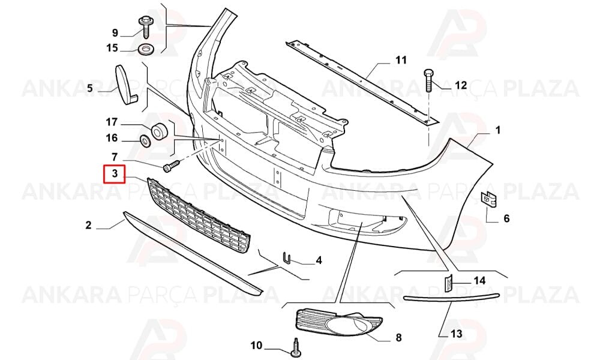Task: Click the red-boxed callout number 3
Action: pos(115,174)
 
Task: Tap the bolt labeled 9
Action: pos(145,27)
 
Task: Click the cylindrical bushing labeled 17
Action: pos(159,131)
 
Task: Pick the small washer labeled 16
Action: pos(146,141)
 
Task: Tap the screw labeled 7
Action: pos(172,166)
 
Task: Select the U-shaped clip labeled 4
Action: pos(287,258)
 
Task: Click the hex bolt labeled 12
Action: pos(428,80)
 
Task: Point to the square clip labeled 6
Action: pos(488,200)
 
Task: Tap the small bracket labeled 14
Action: pos(448,283)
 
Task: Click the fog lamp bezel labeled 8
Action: pos(338,323)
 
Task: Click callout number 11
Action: pos(401,60)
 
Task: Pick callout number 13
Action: pos(456,334)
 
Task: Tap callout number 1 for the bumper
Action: pos(498,130)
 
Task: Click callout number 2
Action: pos(88,225)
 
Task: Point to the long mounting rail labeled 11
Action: pos(362,82)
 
